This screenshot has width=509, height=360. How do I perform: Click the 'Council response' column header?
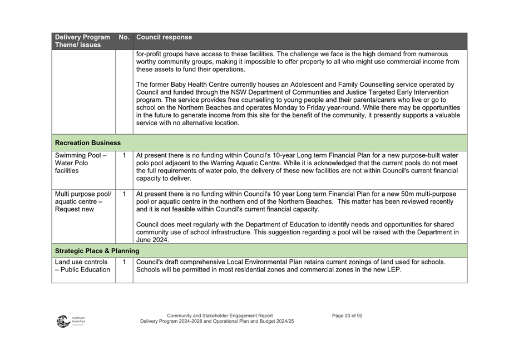[x=164, y=38]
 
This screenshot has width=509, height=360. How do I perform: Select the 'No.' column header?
[x=123, y=38]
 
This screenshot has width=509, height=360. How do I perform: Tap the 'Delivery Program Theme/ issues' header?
[x=82, y=41]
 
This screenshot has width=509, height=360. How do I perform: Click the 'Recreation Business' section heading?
[x=88, y=143]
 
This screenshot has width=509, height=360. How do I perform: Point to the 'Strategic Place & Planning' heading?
[x=97, y=251]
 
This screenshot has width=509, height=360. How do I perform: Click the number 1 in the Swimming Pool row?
[x=123, y=156]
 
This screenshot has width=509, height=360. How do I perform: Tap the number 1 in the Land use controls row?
[x=123, y=262]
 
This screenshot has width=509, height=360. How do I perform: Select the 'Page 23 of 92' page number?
[x=347, y=315]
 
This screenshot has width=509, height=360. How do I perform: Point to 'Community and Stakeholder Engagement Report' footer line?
[x=220, y=315]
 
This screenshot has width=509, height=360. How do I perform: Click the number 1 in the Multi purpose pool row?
[x=123, y=194]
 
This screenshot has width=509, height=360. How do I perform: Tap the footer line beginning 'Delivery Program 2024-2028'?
[x=217, y=322]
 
